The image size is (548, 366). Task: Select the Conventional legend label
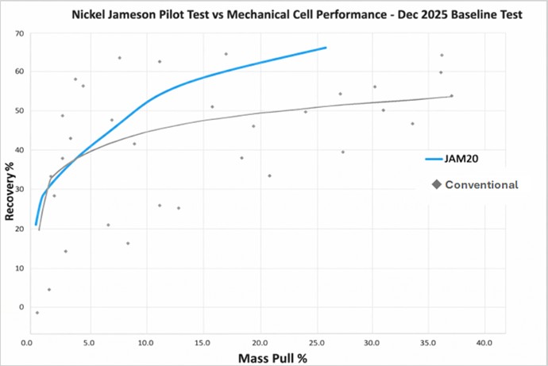point(481,185)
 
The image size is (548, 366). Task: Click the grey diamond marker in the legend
point(437,185)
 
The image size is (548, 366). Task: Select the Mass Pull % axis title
point(273,356)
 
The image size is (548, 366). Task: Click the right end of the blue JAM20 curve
point(326,48)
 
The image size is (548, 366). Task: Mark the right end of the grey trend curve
point(451,96)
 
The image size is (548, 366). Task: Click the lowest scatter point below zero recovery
point(37,313)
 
